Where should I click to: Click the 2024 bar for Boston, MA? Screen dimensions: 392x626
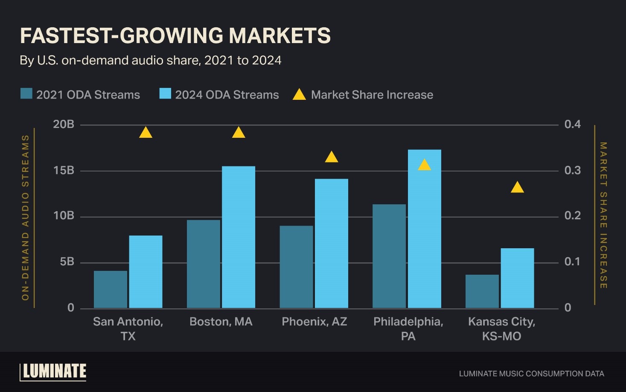coord(239,237)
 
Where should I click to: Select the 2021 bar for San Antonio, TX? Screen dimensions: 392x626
coord(111,289)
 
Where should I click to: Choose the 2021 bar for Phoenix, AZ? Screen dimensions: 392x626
coord(297,267)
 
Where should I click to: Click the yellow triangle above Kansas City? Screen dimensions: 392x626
coord(517,188)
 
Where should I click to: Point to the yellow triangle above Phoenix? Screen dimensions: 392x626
coord(332,157)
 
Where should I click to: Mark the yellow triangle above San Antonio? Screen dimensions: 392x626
coord(146,133)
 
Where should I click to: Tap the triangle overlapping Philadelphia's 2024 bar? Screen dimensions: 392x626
coord(425,165)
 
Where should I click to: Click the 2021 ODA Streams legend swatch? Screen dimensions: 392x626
coord(26,94)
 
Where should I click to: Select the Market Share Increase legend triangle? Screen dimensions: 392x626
coord(299,94)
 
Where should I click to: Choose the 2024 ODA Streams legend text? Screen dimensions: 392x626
coord(227,95)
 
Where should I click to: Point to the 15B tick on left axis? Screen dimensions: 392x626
coord(64,171)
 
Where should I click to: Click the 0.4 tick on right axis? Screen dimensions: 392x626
coord(572,124)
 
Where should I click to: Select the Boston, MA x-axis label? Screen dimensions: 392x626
coord(221,322)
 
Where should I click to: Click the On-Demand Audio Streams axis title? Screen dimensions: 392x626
coord(25,218)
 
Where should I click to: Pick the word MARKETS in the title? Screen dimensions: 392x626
coord(280,35)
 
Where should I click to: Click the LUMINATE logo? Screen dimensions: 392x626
coord(54,372)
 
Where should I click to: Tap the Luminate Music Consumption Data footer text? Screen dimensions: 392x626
coord(531,374)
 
